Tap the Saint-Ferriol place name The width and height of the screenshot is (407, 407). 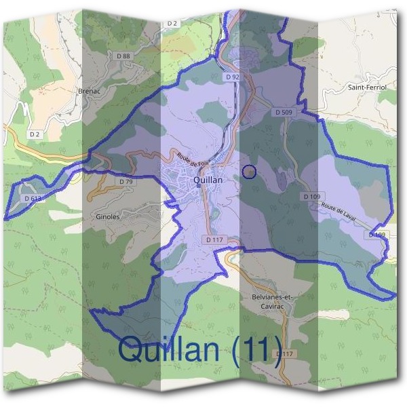tap(366, 88)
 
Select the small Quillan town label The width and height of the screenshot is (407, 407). tap(208, 180)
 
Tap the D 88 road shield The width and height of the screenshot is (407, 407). tap(123, 56)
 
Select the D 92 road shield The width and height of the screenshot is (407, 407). tap(233, 77)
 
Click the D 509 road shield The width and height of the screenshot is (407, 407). tap(284, 112)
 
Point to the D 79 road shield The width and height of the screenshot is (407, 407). tap(125, 182)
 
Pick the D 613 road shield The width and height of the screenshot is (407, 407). tap(32, 198)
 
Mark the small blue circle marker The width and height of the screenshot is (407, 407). tap(249, 172)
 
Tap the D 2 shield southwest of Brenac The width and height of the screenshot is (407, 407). tap(35, 134)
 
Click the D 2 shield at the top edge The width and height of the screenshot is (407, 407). tap(172, 24)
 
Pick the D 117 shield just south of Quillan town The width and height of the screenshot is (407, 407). tap(213, 239)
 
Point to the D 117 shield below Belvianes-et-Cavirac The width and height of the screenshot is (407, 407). tap(286, 354)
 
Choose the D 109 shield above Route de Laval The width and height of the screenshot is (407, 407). tap(312, 197)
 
